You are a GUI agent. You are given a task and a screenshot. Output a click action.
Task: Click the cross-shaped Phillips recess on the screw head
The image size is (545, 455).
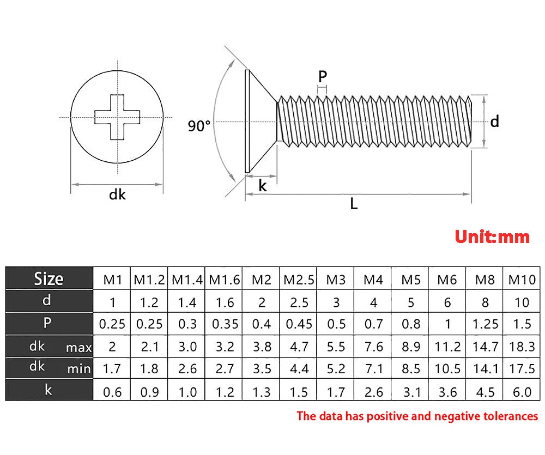[x=118, y=117]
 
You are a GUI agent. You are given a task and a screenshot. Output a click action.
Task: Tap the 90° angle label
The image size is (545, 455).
[x=199, y=125]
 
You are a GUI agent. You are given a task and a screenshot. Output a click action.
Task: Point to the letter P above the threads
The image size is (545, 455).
[x=323, y=76]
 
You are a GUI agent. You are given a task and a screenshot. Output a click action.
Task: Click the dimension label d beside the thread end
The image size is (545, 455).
[x=495, y=122]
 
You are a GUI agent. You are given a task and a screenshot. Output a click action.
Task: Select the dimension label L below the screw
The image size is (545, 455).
[x=354, y=203]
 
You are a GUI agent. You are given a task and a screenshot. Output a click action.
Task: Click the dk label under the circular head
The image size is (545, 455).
[x=117, y=194]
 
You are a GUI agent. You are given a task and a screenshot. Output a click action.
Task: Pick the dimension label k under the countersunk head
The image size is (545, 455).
[x=263, y=186]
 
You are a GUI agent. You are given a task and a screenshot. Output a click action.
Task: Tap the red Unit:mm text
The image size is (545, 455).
[x=492, y=236]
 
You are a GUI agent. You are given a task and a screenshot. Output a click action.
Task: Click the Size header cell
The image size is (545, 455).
[x=49, y=278]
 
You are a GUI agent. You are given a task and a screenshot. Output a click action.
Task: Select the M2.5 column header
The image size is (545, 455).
[x=299, y=280]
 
